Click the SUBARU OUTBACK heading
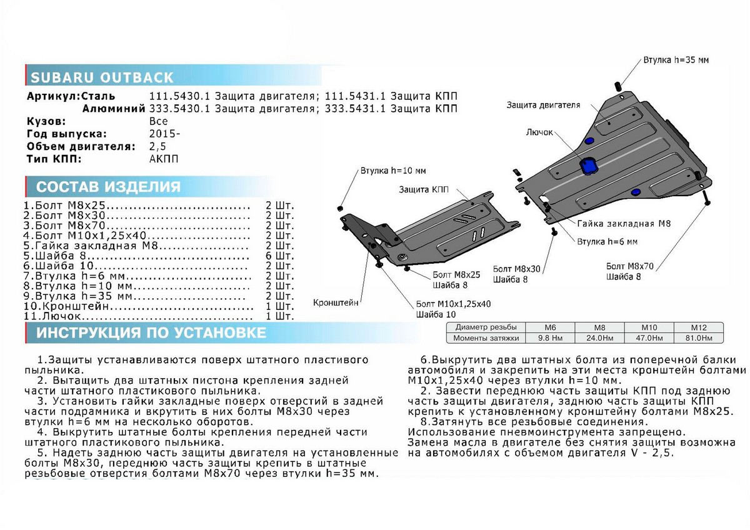point(102,78)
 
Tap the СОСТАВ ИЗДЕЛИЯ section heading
point(108,187)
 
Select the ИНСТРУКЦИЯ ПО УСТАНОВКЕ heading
point(151,332)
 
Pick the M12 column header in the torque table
point(697,327)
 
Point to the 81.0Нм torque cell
point(697,338)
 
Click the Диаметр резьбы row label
point(486,327)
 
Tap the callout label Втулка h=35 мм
point(676,61)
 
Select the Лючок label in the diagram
point(538,133)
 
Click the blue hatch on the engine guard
point(588,167)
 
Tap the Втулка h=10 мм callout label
point(393,171)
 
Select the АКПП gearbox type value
point(164,159)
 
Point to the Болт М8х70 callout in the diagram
point(629,266)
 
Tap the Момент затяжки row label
point(486,338)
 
